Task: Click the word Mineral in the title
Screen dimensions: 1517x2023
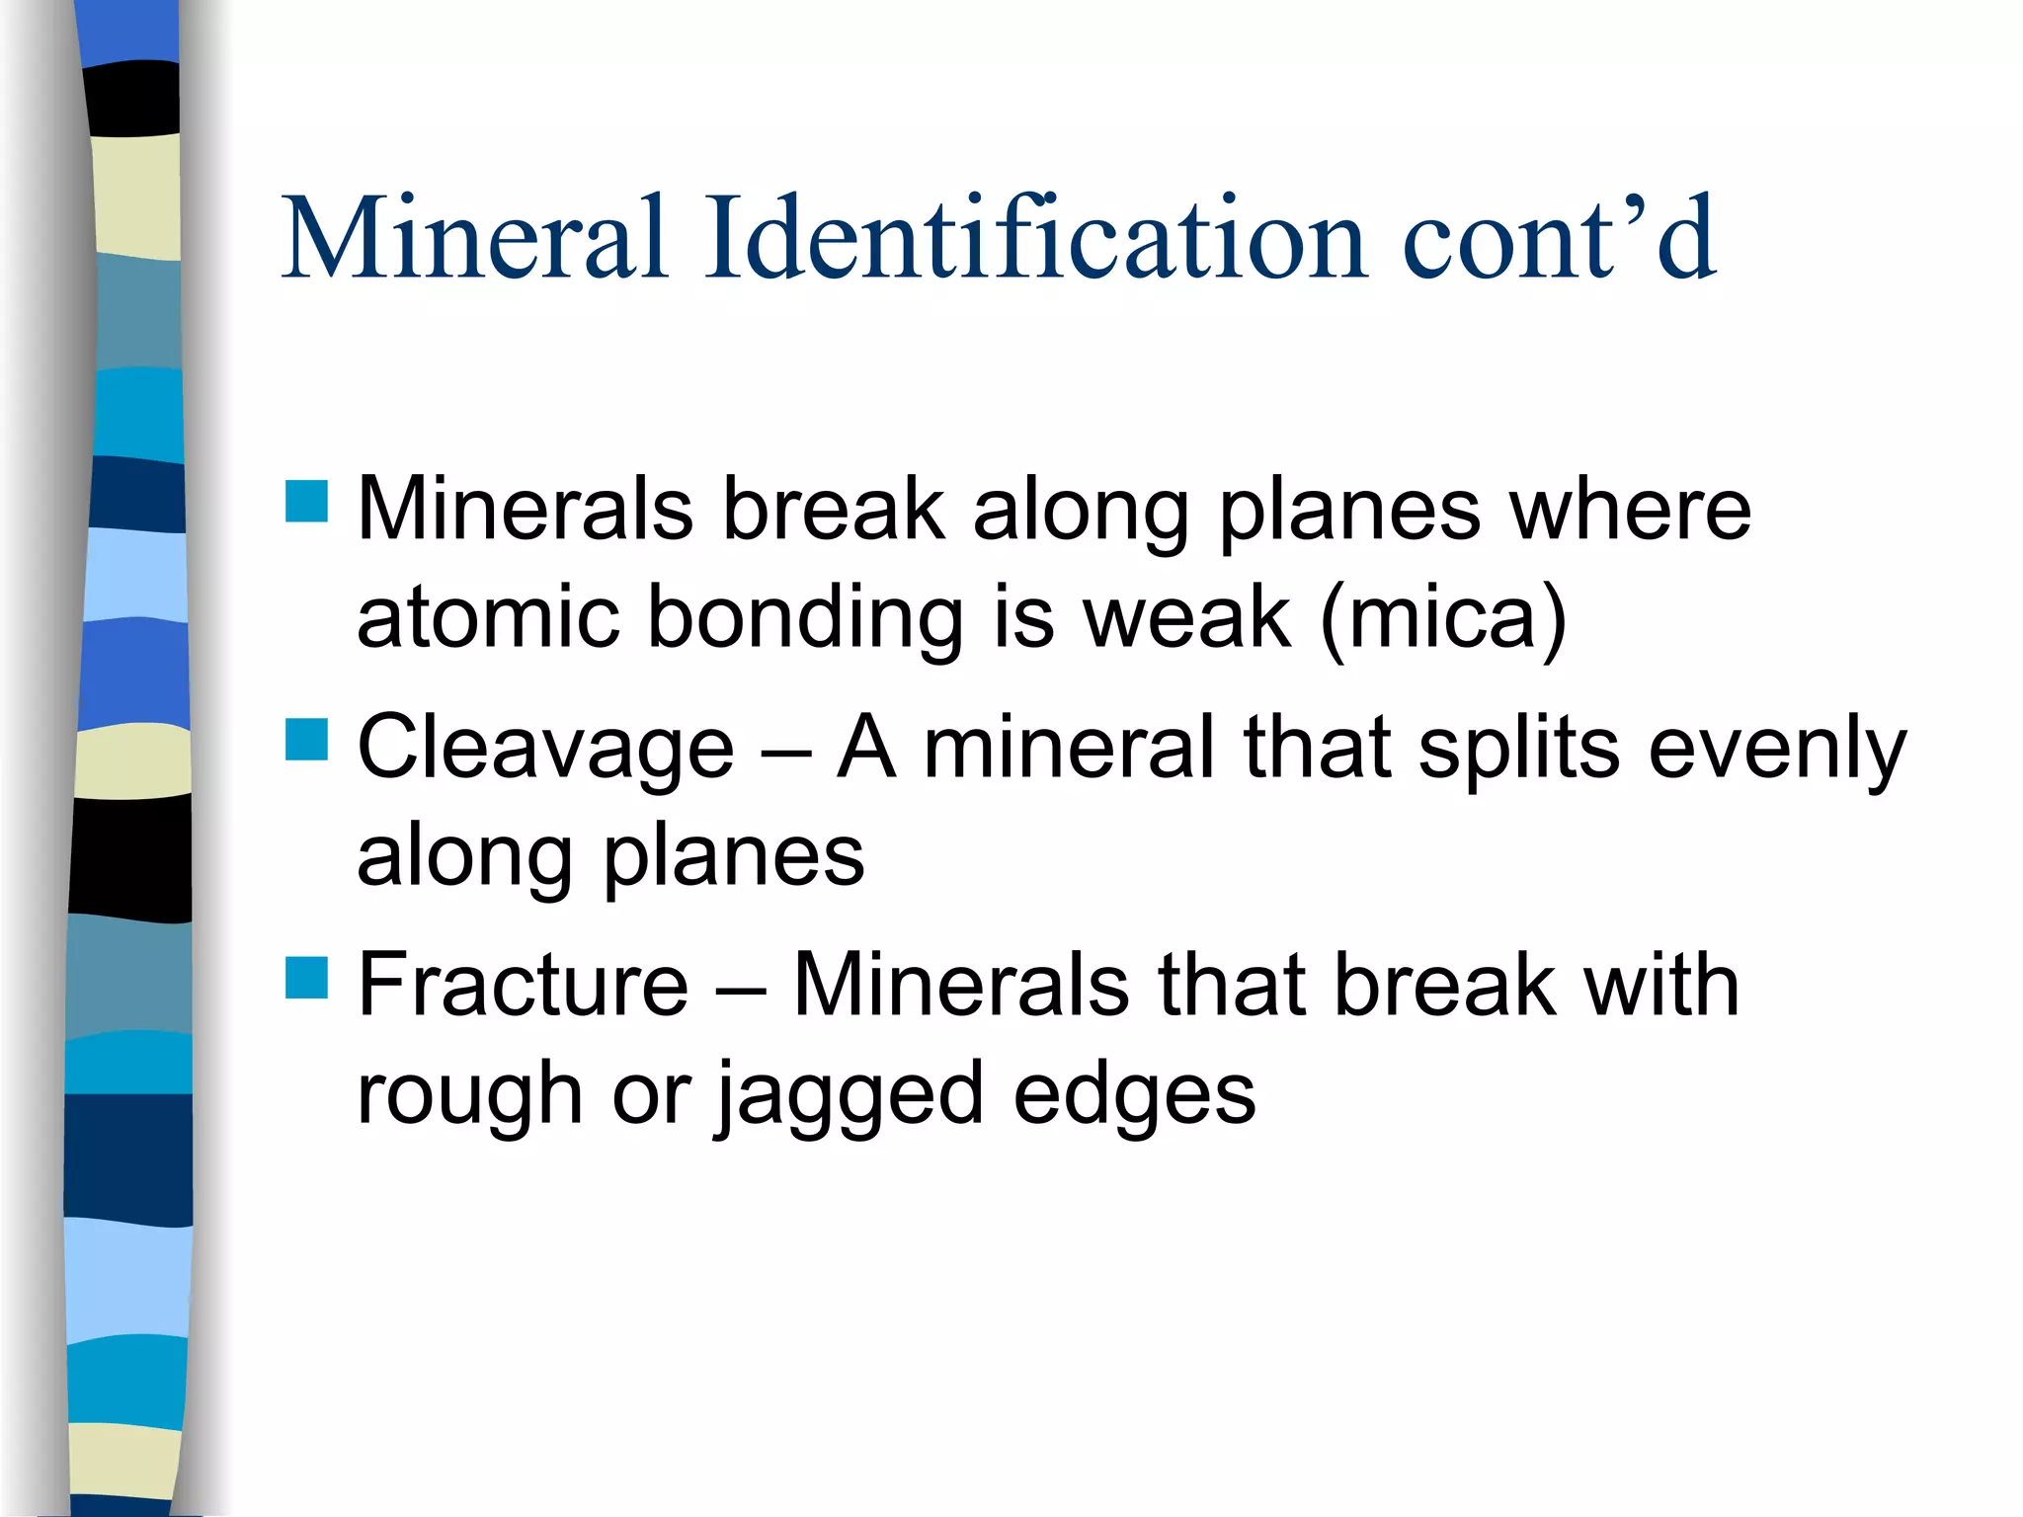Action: click(475, 237)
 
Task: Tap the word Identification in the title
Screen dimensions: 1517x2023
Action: click(1036, 237)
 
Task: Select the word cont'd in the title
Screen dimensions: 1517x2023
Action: click(1560, 237)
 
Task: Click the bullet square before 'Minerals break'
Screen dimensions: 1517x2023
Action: click(306, 501)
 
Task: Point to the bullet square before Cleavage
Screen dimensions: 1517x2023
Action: click(306, 739)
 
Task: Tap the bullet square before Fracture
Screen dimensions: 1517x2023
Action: click(306, 977)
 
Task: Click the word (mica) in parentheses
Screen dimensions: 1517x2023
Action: click(1443, 618)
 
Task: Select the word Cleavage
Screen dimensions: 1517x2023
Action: click(546, 749)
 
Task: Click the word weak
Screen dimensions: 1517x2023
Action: click(1186, 616)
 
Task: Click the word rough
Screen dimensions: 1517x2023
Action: click(469, 1094)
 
